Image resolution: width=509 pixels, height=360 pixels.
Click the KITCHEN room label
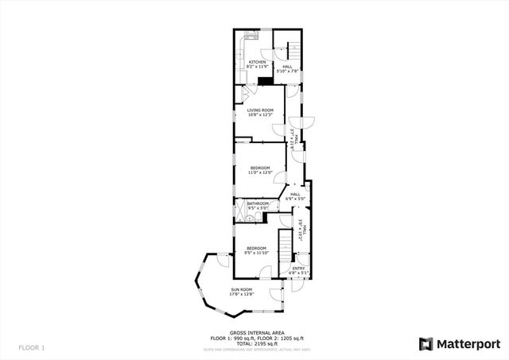click(257, 62)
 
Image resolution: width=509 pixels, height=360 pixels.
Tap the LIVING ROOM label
click(260, 110)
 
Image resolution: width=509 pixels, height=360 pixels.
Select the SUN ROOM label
click(242, 289)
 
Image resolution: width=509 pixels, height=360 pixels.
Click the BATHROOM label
click(258, 204)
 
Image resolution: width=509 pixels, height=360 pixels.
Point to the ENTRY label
click(298, 269)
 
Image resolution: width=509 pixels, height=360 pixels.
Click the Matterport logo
click(460, 343)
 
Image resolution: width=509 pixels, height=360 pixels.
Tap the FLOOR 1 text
click(32, 348)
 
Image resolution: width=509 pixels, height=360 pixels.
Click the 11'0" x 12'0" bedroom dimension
click(261, 172)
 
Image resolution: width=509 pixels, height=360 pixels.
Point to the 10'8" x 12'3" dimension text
click(260, 116)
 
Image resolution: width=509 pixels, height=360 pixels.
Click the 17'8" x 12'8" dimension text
click(242, 295)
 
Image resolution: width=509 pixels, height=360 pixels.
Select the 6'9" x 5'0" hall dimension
click(295, 199)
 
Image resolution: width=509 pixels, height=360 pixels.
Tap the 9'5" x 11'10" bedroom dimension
click(256, 254)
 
